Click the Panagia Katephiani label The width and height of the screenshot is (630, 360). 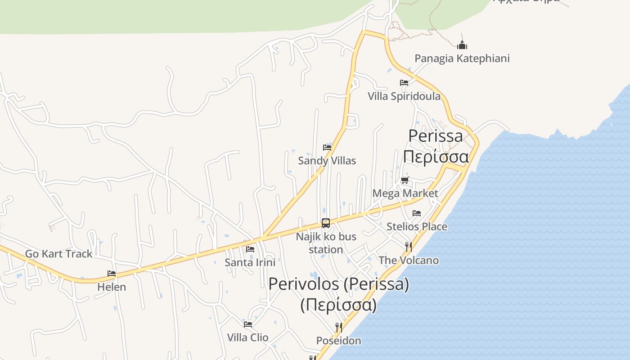pyautogui.click(x=462, y=58)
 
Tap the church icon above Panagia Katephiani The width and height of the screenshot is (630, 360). pyautogui.click(x=462, y=45)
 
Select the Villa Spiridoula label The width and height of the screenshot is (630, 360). pyautogui.click(x=404, y=96)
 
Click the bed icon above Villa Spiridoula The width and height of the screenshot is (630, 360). pyautogui.click(x=404, y=83)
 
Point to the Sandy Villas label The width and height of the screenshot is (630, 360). pyautogui.click(x=327, y=161)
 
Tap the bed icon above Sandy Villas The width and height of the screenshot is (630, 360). pyautogui.click(x=327, y=148)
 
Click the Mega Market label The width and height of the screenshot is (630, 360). pyautogui.click(x=405, y=193)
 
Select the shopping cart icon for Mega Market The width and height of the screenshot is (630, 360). pyautogui.click(x=405, y=180)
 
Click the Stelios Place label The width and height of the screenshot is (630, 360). pyautogui.click(x=417, y=226)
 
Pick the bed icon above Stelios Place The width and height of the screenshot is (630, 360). pyautogui.click(x=417, y=213)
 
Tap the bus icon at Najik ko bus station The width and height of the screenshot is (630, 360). pyautogui.click(x=326, y=223)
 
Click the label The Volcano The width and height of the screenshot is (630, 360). pyautogui.click(x=409, y=260)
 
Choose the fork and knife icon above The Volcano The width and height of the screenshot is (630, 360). pyautogui.click(x=409, y=247)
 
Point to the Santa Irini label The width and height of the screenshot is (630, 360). pyautogui.click(x=250, y=262)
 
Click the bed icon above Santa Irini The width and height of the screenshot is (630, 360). pyautogui.click(x=250, y=249)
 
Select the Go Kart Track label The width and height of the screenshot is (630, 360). pyautogui.click(x=58, y=254)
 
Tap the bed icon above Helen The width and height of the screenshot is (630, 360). pyautogui.click(x=112, y=274)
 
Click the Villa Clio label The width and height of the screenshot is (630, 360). pyautogui.click(x=247, y=337)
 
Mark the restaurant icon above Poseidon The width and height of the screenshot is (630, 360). pyautogui.click(x=339, y=328)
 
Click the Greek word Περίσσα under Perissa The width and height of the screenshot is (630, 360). pyautogui.click(x=436, y=157)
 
